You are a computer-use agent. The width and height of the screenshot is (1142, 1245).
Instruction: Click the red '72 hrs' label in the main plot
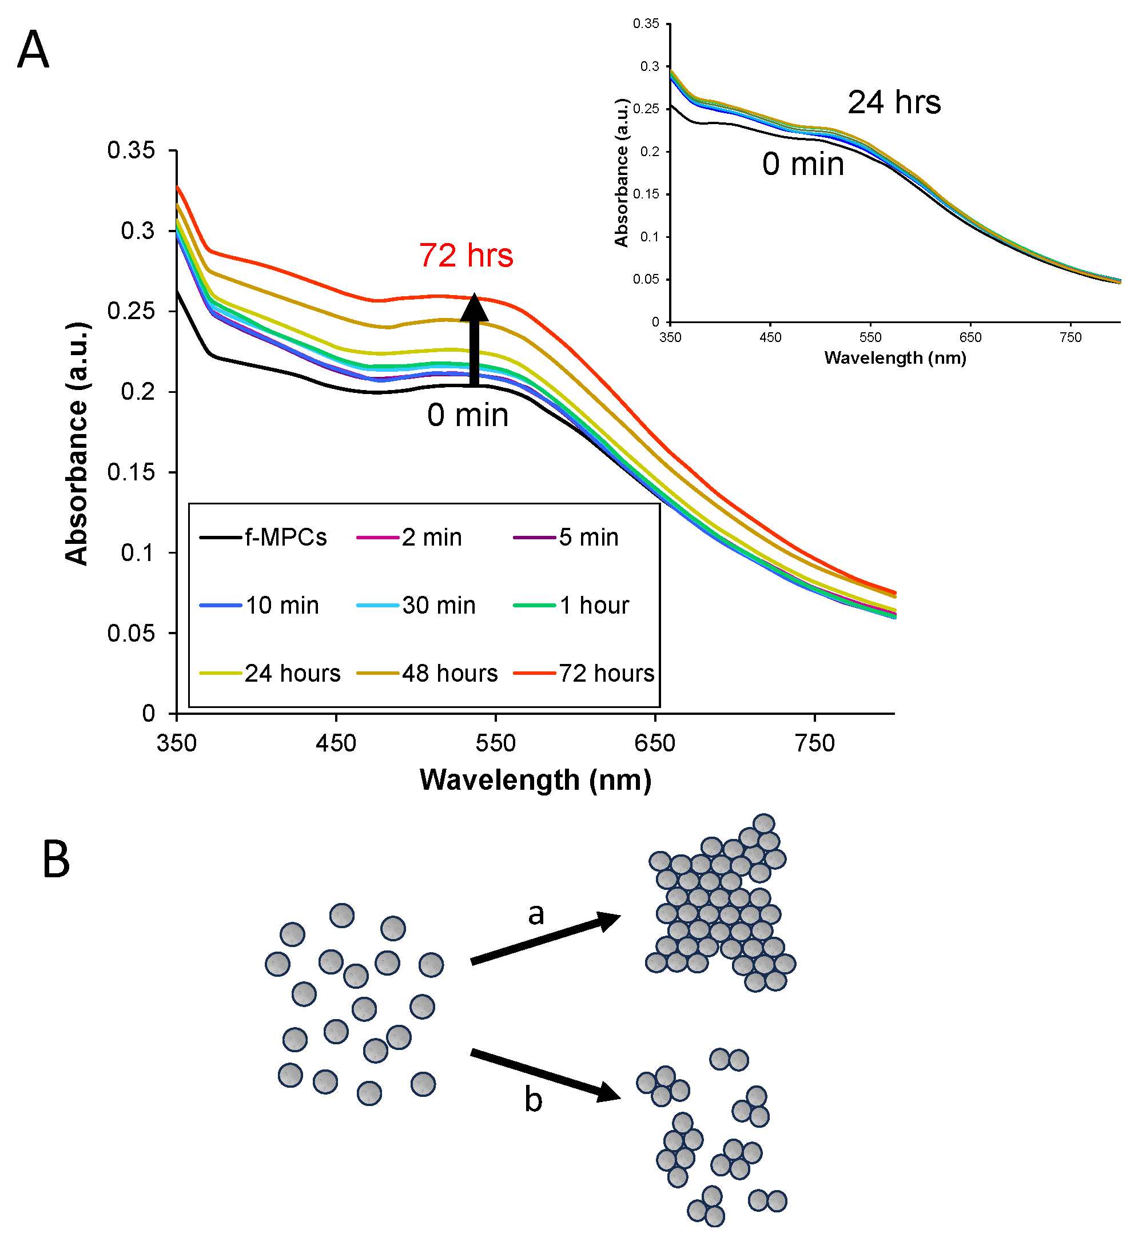pos(466,255)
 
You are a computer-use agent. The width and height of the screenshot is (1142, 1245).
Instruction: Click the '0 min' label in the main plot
pos(468,415)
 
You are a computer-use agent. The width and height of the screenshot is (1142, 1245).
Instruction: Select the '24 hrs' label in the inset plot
pos(894,102)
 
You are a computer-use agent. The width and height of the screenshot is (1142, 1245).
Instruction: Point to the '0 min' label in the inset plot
pos(803,164)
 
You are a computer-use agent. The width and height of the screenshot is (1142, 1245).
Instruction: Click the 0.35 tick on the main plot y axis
pos(131,150)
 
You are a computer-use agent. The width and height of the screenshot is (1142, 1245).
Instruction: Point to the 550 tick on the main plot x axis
pos(496,743)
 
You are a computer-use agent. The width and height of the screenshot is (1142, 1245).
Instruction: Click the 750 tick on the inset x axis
pos(1071,337)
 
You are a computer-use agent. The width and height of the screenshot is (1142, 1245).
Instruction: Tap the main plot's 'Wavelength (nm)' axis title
pos(535,781)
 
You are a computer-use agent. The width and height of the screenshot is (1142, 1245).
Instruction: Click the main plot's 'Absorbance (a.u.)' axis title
pos(77,443)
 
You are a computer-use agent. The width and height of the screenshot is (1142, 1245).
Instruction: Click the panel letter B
pos(55,860)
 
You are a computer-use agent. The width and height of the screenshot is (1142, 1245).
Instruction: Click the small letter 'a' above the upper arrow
pos(536,914)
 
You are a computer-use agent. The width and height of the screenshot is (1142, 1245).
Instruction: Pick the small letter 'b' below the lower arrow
pos(534,1100)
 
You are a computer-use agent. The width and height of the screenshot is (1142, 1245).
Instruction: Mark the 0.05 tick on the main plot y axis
pos(131,633)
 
